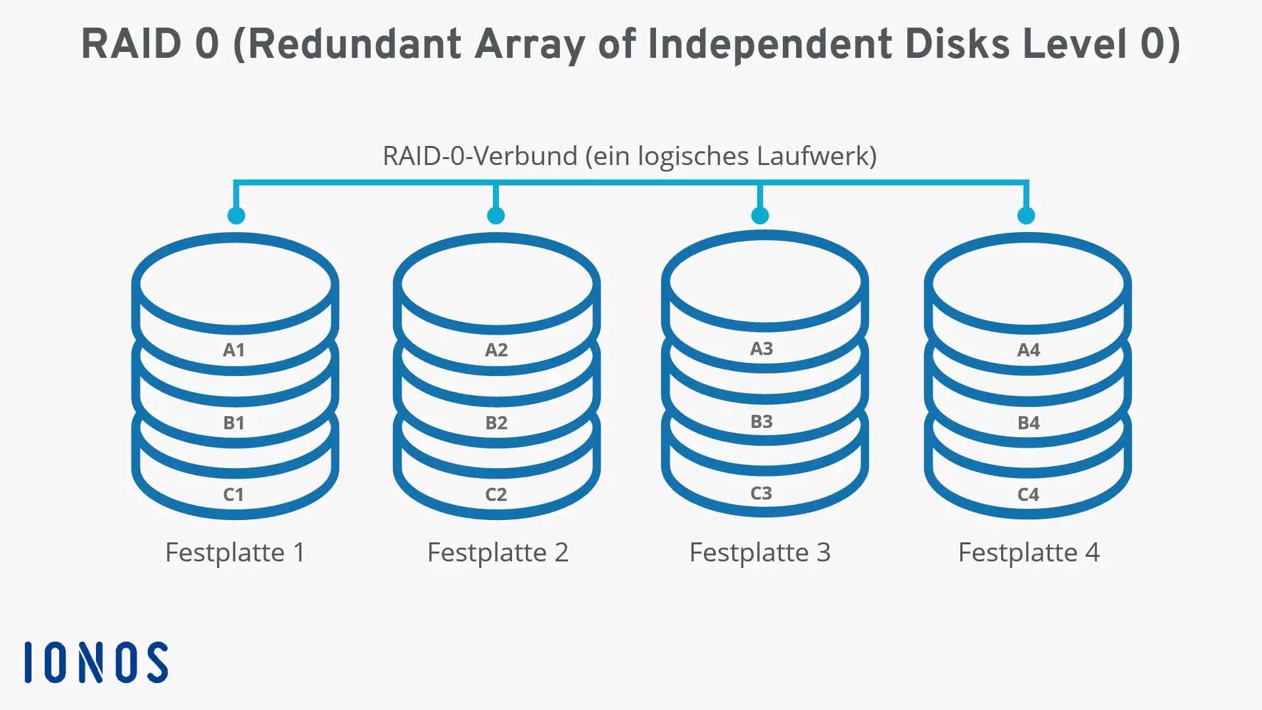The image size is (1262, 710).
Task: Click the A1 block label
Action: (234, 350)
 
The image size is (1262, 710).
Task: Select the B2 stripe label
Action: (496, 423)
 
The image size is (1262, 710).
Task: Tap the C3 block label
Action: (761, 493)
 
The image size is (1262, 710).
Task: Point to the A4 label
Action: (1029, 350)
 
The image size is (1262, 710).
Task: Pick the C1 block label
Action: (233, 494)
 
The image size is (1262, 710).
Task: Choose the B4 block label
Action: (1029, 423)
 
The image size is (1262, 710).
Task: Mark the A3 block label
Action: (762, 348)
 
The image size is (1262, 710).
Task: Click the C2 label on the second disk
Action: (496, 494)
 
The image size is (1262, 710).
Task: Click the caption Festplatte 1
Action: (235, 552)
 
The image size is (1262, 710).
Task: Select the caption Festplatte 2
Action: (498, 552)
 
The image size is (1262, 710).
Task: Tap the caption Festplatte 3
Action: (760, 552)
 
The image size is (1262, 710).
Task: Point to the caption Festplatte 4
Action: (1029, 552)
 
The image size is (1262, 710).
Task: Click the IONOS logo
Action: (96, 662)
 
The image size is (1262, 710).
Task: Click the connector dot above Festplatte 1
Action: (236, 215)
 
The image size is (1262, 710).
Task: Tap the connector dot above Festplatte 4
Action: (1026, 215)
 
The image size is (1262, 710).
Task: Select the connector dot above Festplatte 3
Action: (760, 215)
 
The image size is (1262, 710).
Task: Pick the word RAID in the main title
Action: (131, 44)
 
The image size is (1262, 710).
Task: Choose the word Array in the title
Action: (529, 44)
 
